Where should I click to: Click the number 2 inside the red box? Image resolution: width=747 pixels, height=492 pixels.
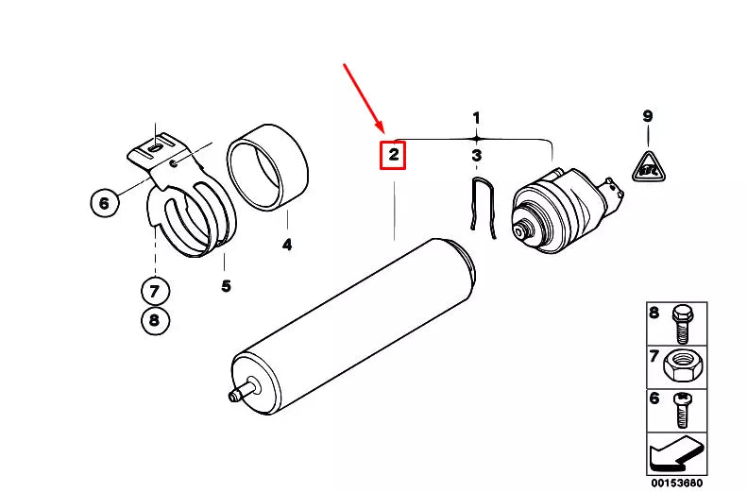tap(392, 154)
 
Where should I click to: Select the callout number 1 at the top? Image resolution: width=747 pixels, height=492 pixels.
tap(477, 118)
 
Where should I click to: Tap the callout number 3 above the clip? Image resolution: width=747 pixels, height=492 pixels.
tap(477, 155)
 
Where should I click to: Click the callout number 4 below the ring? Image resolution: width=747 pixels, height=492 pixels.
tap(287, 246)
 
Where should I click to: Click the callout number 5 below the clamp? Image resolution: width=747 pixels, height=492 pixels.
tap(226, 286)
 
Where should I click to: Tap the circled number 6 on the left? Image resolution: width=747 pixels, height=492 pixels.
tap(105, 201)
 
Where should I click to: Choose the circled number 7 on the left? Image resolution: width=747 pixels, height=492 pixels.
tap(156, 288)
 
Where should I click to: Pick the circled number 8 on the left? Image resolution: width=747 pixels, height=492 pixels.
tap(156, 321)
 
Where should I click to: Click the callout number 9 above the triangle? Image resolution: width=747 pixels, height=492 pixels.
tap(648, 117)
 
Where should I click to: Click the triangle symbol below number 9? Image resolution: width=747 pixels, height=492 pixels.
tap(648, 167)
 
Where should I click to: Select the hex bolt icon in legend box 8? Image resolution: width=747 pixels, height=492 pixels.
tap(682, 322)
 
